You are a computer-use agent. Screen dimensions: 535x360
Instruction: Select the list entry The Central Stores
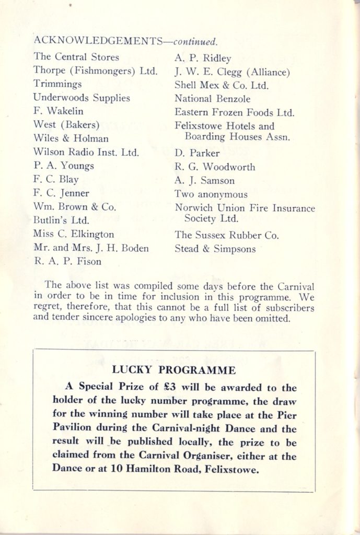click(x=76, y=57)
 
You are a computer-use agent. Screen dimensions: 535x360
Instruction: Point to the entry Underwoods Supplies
click(x=82, y=98)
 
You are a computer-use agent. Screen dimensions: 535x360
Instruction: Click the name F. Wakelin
click(x=58, y=111)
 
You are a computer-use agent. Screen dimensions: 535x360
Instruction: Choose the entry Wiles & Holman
click(x=71, y=138)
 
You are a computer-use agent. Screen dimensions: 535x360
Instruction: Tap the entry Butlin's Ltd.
click(x=61, y=220)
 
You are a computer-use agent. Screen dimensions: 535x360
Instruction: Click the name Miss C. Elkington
click(x=73, y=234)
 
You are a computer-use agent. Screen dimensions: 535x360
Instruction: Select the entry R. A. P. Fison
click(x=67, y=261)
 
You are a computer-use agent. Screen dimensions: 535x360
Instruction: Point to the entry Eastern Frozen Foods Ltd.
click(x=235, y=112)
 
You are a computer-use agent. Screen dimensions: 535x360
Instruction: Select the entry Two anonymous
click(x=211, y=194)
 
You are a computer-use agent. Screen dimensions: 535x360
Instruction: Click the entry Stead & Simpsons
click(x=215, y=249)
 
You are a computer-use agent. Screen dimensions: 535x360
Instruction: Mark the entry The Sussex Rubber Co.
click(x=227, y=235)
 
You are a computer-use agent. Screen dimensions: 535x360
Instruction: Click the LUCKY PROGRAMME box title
click(x=174, y=370)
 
